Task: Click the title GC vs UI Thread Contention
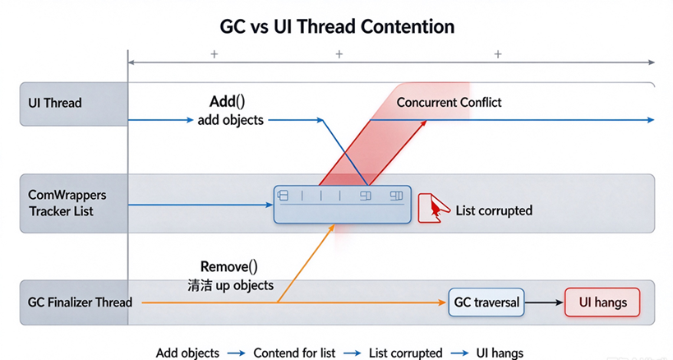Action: pos(337,26)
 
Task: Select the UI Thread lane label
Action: pos(55,103)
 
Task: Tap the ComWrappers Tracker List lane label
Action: pos(67,203)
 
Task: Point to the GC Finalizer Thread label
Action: pos(80,302)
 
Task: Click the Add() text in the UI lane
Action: pos(227,102)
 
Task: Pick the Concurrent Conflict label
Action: pos(449,103)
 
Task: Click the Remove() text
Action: pos(228,267)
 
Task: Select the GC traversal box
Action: pos(486,302)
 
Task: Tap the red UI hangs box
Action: pos(602,302)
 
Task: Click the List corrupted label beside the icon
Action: pos(494,210)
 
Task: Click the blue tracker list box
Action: pos(343,205)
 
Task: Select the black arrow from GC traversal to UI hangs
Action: pos(544,302)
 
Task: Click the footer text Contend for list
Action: pos(294,353)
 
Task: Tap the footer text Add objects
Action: pos(187,353)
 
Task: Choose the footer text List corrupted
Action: pos(406,353)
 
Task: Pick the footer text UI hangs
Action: pos(500,353)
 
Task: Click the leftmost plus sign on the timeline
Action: pos(214,54)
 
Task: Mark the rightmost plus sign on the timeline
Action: pos(498,54)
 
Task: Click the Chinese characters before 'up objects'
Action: pos(200,285)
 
